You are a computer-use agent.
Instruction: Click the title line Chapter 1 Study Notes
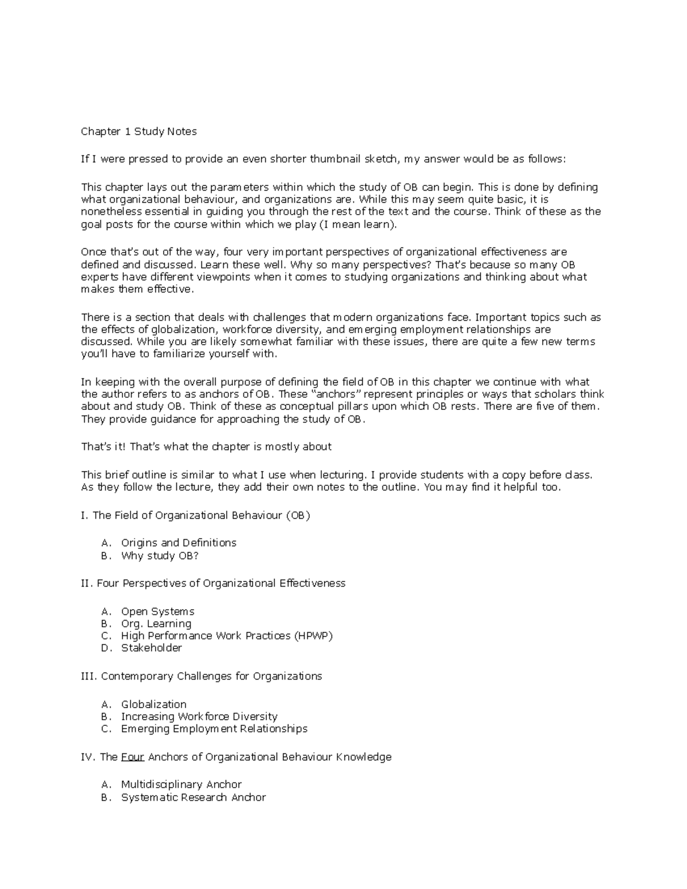139,132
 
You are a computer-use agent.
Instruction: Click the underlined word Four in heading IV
132,757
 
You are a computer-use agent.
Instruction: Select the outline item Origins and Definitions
179,543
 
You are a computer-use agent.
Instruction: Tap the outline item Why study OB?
160,555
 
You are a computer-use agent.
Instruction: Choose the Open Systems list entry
157,611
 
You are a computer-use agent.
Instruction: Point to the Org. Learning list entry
156,623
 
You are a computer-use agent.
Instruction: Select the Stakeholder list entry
151,648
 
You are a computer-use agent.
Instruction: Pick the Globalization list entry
153,704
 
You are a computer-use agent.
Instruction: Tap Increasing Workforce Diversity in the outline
199,717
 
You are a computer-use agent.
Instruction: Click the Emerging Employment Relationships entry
214,729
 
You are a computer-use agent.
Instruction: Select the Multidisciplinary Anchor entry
181,784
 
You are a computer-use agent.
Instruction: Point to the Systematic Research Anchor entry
194,797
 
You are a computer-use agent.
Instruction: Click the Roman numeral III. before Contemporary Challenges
89,676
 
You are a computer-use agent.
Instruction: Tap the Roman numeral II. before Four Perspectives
87,583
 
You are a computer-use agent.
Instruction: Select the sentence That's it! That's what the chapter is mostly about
206,447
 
